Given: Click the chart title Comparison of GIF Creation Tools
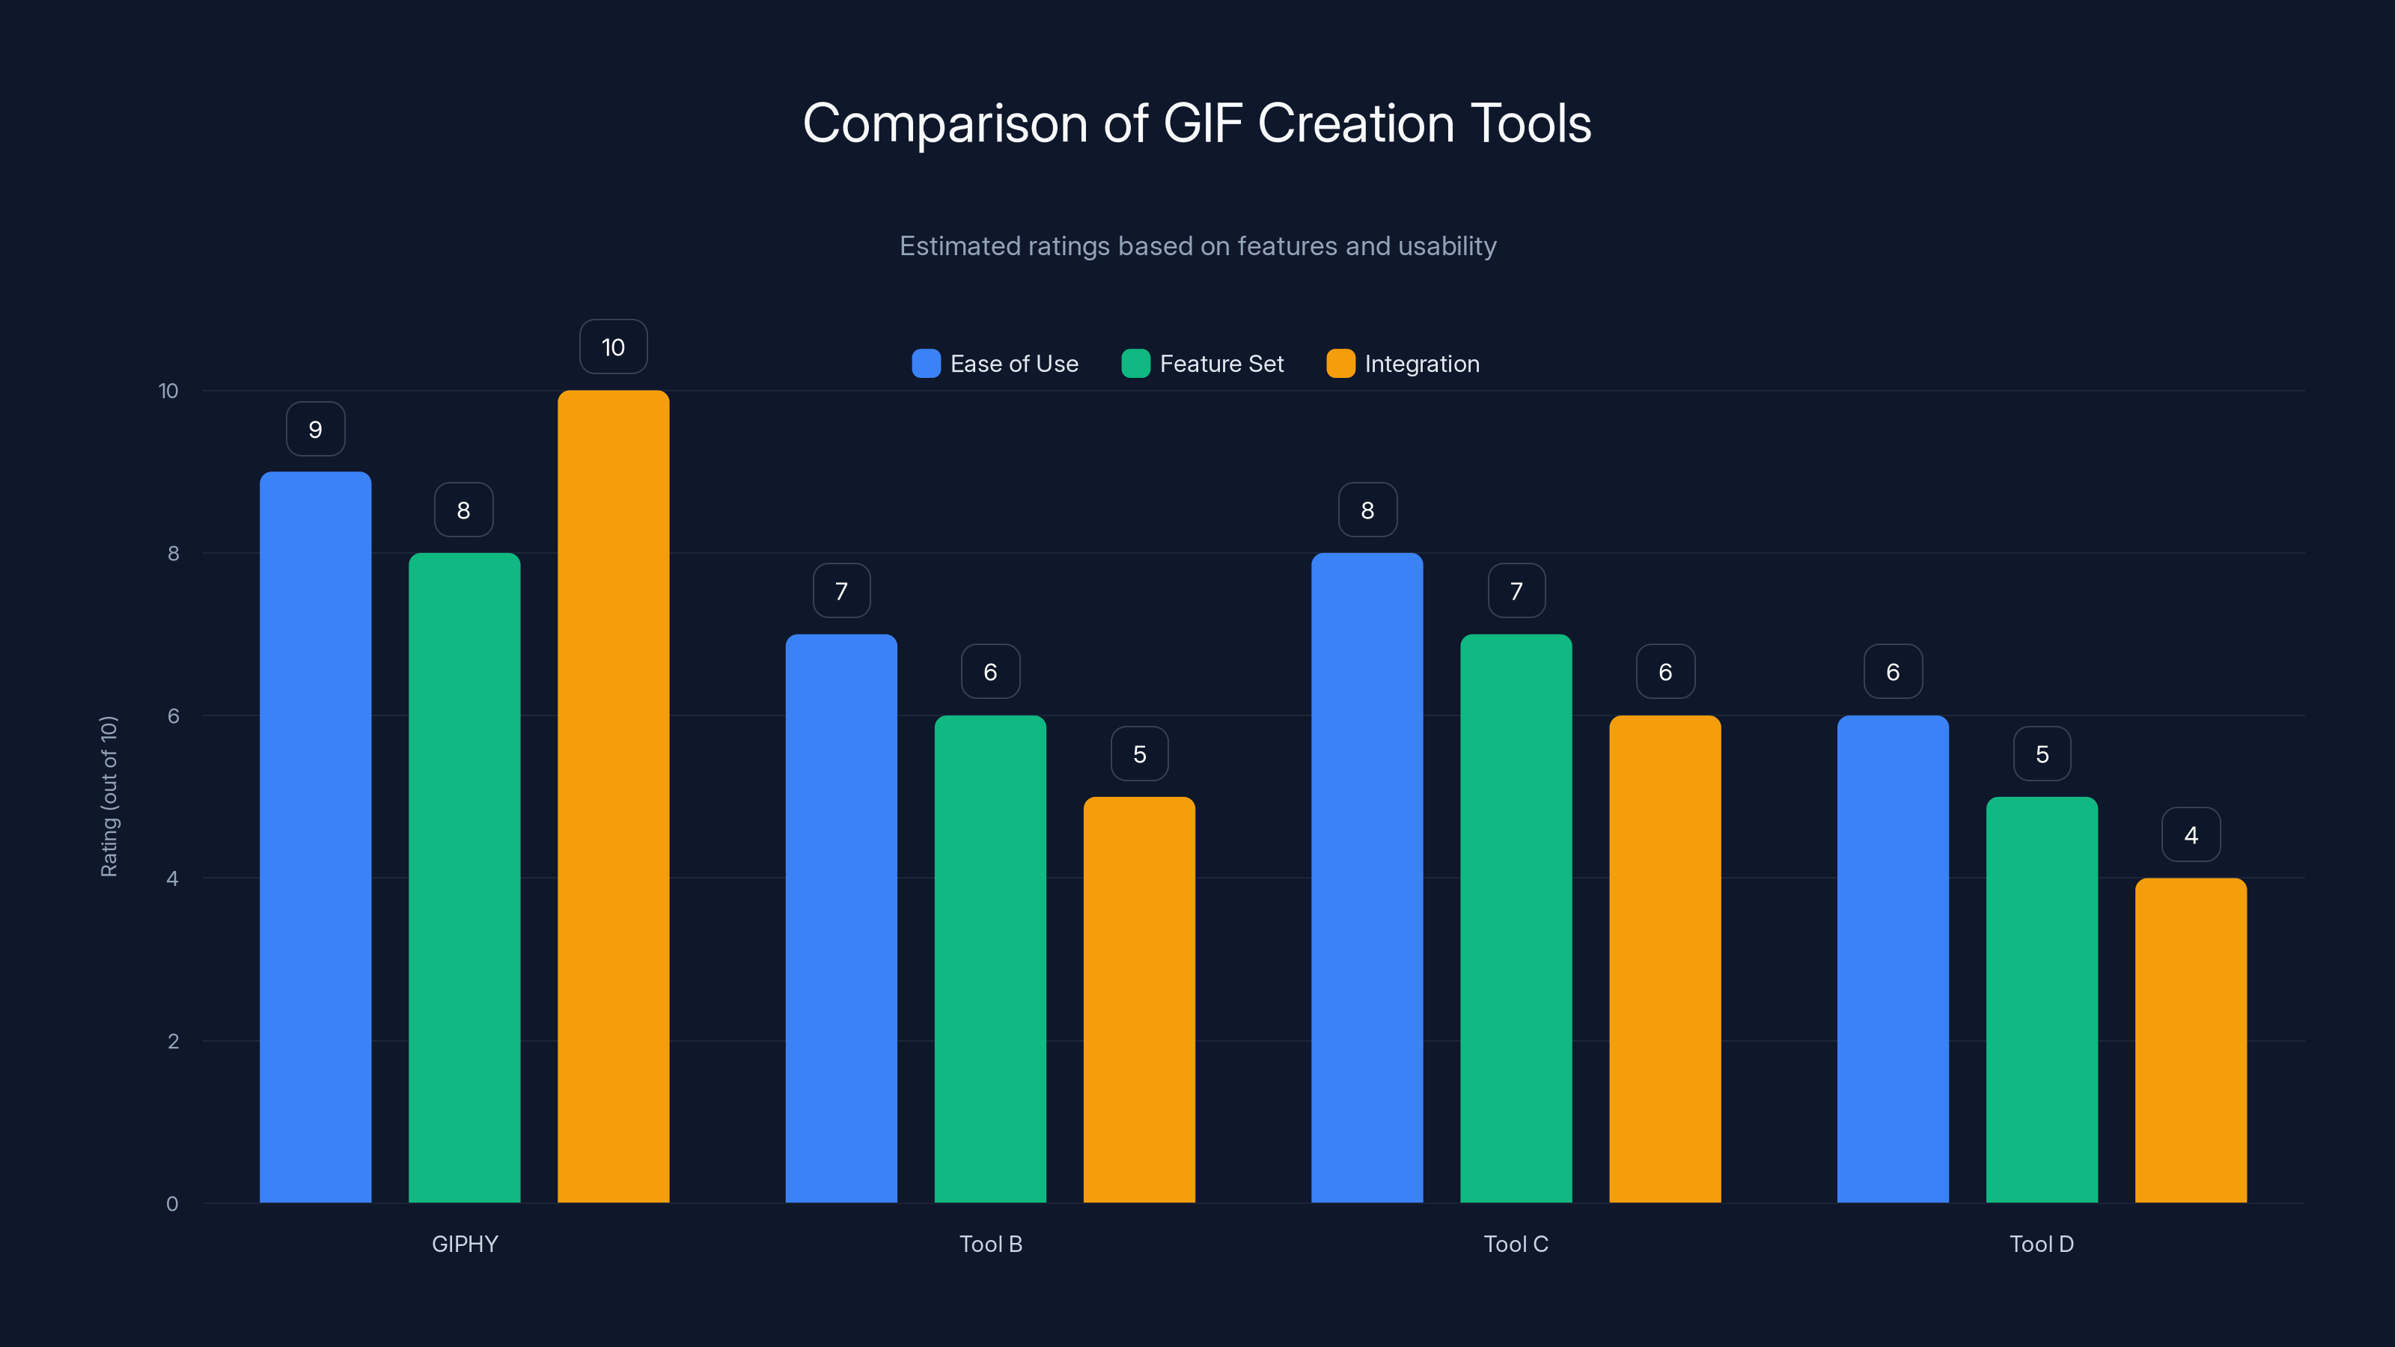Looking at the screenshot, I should pos(1197,123).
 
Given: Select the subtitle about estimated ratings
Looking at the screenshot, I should pos(1197,246).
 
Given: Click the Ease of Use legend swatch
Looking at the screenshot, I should pos(926,364).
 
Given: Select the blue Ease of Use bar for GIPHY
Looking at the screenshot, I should pos(315,837).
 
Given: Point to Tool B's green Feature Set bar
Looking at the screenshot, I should pos(990,959).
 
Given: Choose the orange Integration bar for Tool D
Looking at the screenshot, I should pos(2191,1040).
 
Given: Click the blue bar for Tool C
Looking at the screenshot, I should pos(1367,878).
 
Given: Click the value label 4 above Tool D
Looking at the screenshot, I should pos(2191,835).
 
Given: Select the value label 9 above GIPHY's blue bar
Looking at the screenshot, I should pos(315,430).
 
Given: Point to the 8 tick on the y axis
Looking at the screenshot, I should pos(173,553).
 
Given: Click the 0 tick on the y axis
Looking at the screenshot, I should pos(172,1204).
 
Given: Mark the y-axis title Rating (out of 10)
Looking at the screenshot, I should pos(109,795).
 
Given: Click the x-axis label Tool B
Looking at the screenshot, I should pos(990,1244).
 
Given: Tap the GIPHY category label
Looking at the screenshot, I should pos(465,1244).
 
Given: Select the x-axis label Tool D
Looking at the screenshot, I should pos(2042,1244).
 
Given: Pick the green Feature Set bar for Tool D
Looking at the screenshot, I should pos(2042,999).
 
